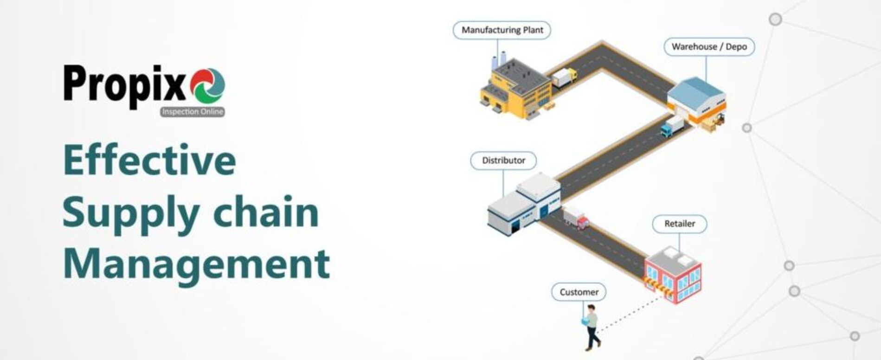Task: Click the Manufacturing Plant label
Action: tap(502, 30)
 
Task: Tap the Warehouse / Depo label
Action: tap(709, 47)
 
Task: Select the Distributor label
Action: tap(503, 161)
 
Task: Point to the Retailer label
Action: tap(680, 224)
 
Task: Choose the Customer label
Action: tap(579, 292)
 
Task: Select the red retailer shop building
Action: tap(673, 275)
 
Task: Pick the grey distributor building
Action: tap(524, 202)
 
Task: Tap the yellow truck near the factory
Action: tap(564, 77)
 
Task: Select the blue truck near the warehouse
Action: tap(672, 127)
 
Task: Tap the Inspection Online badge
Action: tap(193, 112)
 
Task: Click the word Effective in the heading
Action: tap(149, 160)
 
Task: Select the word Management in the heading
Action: tap(196, 263)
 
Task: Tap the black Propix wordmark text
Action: tap(125, 86)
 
